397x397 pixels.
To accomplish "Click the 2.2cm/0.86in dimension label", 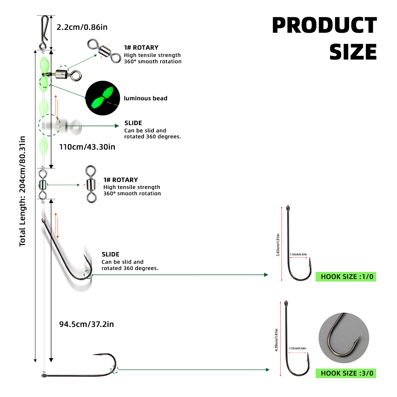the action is [x=82, y=27].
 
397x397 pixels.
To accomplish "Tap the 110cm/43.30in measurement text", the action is [x=87, y=147].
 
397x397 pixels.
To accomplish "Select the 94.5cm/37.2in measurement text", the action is [x=86, y=324].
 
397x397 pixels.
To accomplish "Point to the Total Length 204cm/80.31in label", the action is [x=22, y=191].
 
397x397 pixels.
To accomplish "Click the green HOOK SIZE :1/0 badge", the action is [x=346, y=277].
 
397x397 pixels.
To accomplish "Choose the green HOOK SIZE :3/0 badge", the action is [x=346, y=373].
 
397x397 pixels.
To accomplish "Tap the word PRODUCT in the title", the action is [x=325, y=25].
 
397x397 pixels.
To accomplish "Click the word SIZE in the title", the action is [x=353, y=52].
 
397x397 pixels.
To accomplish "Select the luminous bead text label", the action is [x=146, y=98].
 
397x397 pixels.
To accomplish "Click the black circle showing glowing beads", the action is [x=103, y=98].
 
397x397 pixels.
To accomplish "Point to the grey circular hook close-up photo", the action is [x=344, y=338].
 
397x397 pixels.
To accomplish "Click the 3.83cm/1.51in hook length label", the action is [x=278, y=245].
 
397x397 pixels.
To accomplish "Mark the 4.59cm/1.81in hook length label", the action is [x=276, y=340].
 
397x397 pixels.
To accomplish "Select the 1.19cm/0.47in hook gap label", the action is [x=298, y=254].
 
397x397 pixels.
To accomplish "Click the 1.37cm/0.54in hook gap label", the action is [x=297, y=348].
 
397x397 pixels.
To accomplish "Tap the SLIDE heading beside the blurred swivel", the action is [x=133, y=123].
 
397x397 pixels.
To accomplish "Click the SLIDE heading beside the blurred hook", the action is [x=110, y=254].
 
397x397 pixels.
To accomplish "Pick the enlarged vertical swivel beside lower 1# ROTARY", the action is [x=91, y=184].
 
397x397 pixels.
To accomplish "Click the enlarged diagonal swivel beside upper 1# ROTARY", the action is [x=104, y=51].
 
